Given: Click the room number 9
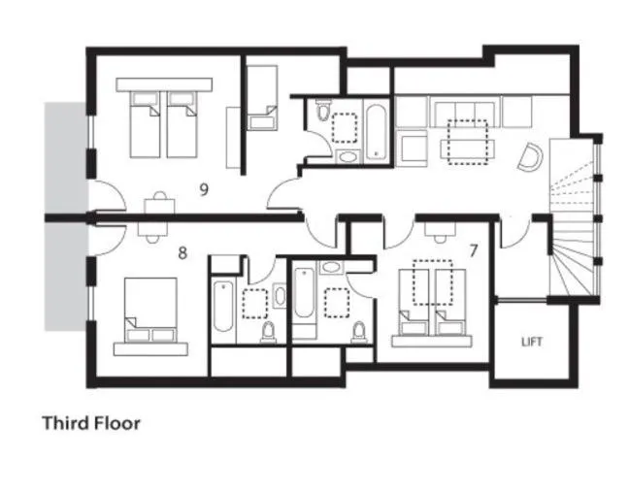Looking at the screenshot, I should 204,189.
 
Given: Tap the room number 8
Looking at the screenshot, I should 182,253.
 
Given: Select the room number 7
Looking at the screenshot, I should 473,250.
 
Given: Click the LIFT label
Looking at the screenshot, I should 531,343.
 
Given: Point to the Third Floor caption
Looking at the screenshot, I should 91,423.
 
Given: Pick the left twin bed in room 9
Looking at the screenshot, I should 145,123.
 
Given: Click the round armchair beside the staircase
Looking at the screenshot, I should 530,156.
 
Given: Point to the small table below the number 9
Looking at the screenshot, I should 156,203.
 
